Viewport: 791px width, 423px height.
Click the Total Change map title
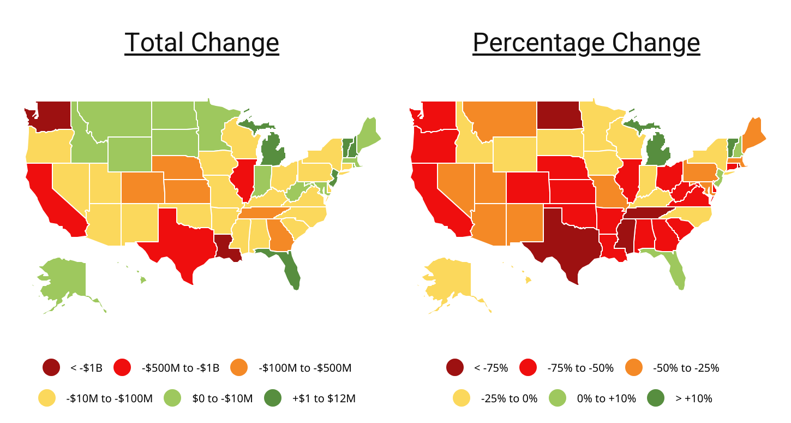(201, 43)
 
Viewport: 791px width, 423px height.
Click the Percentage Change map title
(586, 43)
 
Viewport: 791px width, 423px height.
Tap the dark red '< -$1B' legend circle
(52, 368)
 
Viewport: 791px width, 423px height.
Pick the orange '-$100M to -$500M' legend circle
(240, 368)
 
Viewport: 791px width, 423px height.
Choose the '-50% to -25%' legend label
(686, 368)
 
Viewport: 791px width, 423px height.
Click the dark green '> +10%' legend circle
(657, 398)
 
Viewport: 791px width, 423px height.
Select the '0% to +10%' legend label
(606, 398)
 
